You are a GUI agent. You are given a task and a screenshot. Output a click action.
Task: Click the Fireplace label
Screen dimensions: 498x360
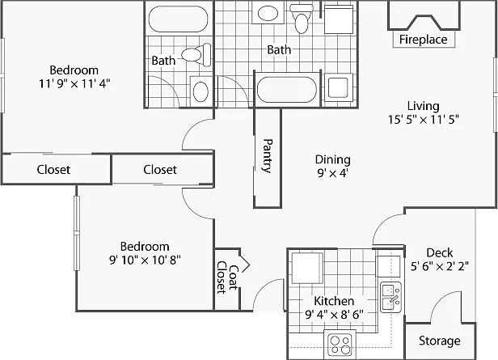(423, 40)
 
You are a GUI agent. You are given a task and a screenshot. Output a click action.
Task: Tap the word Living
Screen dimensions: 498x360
(424, 106)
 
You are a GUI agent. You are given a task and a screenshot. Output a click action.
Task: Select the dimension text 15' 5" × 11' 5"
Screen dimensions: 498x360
(424, 120)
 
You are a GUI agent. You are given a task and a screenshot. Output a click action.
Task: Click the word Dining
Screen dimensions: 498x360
(333, 159)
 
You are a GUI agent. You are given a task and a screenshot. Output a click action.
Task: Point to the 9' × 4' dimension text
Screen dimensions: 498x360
(333, 173)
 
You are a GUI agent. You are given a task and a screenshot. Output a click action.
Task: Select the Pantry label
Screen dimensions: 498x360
(268, 155)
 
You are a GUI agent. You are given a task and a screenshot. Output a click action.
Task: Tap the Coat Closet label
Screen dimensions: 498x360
(227, 277)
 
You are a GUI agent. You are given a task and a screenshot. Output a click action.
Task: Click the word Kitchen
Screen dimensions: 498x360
(334, 301)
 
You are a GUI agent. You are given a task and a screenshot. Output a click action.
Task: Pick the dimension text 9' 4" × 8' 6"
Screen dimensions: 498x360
(334, 315)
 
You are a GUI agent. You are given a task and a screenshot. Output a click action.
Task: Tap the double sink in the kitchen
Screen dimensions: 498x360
(391, 297)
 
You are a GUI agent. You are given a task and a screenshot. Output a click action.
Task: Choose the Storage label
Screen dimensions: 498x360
(440, 341)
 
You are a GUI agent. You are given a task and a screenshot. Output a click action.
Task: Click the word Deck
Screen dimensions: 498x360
(440, 252)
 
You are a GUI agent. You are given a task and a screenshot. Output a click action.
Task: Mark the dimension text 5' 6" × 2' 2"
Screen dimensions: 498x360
(440, 266)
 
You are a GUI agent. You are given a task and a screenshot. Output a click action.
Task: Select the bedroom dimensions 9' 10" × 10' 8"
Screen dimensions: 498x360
(145, 260)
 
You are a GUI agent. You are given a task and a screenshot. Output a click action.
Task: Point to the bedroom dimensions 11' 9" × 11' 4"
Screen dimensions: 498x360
(74, 83)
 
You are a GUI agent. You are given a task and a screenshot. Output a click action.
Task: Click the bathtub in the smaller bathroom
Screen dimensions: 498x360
(178, 19)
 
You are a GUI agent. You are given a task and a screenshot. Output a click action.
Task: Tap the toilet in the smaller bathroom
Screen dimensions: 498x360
(196, 54)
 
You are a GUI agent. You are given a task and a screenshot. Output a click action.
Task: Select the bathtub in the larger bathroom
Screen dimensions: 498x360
(287, 89)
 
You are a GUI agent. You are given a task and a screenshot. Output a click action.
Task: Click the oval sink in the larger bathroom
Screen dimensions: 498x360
(268, 13)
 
